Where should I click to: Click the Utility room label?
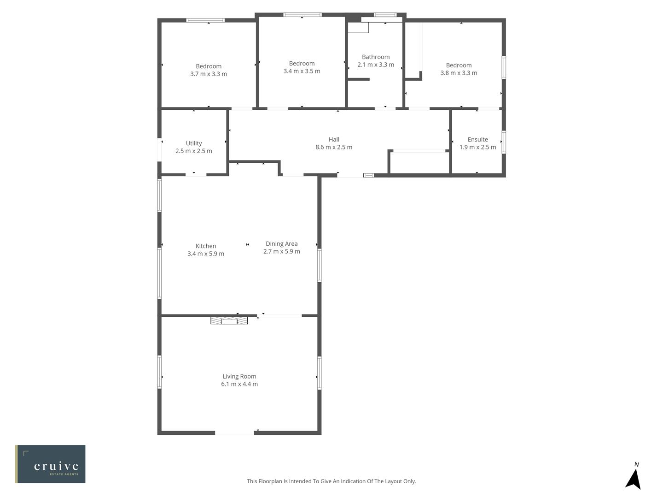pyautogui.click(x=194, y=143)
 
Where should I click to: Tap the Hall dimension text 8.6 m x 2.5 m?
pyautogui.click(x=334, y=147)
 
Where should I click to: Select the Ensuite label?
pyautogui.click(x=477, y=139)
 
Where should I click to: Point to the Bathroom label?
pyautogui.click(x=376, y=57)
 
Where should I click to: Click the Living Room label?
pyautogui.click(x=239, y=376)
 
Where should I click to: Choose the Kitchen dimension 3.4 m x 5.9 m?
pyautogui.click(x=206, y=254)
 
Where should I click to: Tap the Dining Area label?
pyautogui.click(x=281, y=243)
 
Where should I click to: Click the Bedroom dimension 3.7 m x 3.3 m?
pyautogui.click(x=209, y=74)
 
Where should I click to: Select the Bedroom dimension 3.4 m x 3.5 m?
pyautogui.click(x=302, y=71)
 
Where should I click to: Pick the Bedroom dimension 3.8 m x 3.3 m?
pyautogui.click(x=459, y=73)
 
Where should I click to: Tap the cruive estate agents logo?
pyautogui.click(x=50, y=464)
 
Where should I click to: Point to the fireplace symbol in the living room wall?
pyautogui.click(x=229, y=320)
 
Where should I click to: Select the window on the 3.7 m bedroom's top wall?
pyautogui.click(x=205, y=20)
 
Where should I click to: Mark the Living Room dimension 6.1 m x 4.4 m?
pyautogui.click(x=239, y=384)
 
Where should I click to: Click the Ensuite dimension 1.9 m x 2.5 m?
pyautogui.click(x=477, y=147)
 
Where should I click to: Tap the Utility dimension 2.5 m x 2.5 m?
pyautogui.click(x=194, y=151)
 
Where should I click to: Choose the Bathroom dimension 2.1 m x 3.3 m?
pyautogui.click(x=376, y=65)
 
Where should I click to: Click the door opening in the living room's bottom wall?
pyautogui.click(x=234, y=433)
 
